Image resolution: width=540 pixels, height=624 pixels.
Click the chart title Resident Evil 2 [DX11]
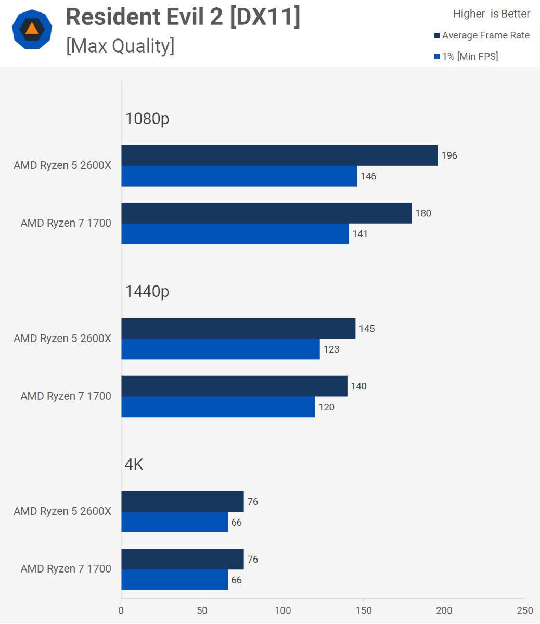pyautogui.click(x=183, y=17)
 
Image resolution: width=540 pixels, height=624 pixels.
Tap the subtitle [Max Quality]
pyautogui.click(x=120, y=46)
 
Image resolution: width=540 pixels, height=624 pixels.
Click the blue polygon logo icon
pyautogui.click(x=32, y=29)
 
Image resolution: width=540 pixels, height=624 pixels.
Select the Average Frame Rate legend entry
pyautogui.click(x=482, y=35)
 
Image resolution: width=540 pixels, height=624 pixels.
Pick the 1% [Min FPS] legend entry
pyautogui.click(x=466, y=56)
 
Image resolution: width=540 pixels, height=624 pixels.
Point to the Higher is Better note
pyautogui.click(x=491, y=14)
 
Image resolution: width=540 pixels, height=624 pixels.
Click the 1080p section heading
pyautogui.click(x=147, y=119)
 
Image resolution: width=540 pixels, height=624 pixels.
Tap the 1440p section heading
pyautogui.click(x=147, y=292)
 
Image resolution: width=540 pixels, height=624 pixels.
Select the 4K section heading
pyautogui.click(x=134, y=464)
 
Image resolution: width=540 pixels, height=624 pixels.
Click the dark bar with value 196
pyautogui.click(x=279, y=155)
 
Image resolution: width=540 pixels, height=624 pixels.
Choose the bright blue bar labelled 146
pyautogui.click(x=239, y=176)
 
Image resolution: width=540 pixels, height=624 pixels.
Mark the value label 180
pyautogui.click(x=423, y=213)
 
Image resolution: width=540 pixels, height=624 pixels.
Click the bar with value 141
pyautogui.click(x=235, y=234)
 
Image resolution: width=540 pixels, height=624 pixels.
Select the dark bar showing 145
pyautogui.click(x=238, y=329)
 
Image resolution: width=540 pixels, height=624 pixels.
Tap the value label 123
pyautogui.click(x=331, y=349)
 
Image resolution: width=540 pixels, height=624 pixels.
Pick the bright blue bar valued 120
pyautogui.click(x=218, y=407)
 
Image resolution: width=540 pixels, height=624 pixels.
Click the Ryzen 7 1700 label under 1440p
pyautogui.click(x=66, y=396)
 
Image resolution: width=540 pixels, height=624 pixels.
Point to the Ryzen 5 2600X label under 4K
pyautogui.click(x=62, y=511)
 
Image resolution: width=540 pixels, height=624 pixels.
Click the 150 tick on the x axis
pyautogui.click(x=364, y=610)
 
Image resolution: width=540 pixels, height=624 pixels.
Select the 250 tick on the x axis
pyautogui.click(x=525, y=610)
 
